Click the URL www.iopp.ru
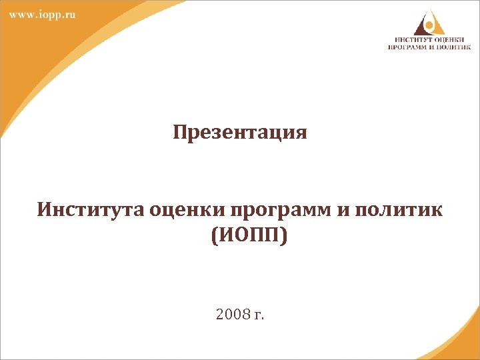coord(42,15)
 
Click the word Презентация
coord(240,133)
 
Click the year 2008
coord(231,313)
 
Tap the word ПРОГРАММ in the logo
coord(409,47)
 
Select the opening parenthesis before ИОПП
coord(213,235)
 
